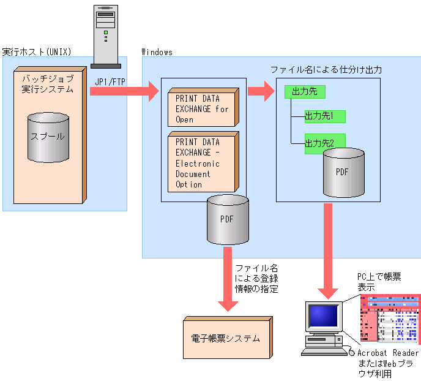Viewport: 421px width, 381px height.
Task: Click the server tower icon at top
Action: pyautogui.click(x=105, y=35)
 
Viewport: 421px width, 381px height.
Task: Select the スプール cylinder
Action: pyautogui.click(x=47, y=137)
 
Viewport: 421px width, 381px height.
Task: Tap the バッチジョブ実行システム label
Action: pyautogui.click(x=48, y=84)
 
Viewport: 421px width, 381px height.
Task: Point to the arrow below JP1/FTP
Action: pyautogui.click(x=123, y=92)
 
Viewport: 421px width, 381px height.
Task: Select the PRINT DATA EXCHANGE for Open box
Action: pyautogui.click(x=202, y=108)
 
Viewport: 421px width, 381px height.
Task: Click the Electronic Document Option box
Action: pyautogui.click(x=202, y=163)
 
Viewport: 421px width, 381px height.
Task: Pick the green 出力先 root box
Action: pyautogui.click(x=304, y=92)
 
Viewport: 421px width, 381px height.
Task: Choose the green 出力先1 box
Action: pyautogui.click(x=325, y=116)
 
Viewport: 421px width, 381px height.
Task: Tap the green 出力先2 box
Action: pyautogui.click(x=325, y=143)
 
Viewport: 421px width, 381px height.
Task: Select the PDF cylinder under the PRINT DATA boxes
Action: pyautogui.click(x=228, y=221)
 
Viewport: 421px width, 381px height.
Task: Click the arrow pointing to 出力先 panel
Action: pyautogui.click(x=261, y=92)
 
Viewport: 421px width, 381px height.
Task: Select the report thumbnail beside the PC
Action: pyautogui.click(x=390, y=319)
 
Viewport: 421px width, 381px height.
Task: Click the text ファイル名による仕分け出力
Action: pyautogui.click(x=326, y=70)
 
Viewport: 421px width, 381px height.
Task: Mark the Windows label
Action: pyautogui.click(x=157, y=52)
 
